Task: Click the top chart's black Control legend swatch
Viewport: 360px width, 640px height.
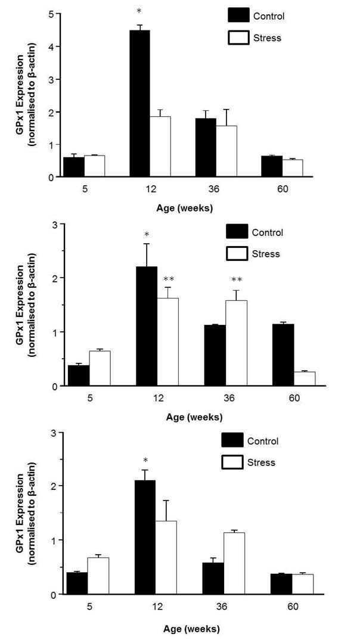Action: coord(238,16)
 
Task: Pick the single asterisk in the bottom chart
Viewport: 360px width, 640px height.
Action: coord(145,459)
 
